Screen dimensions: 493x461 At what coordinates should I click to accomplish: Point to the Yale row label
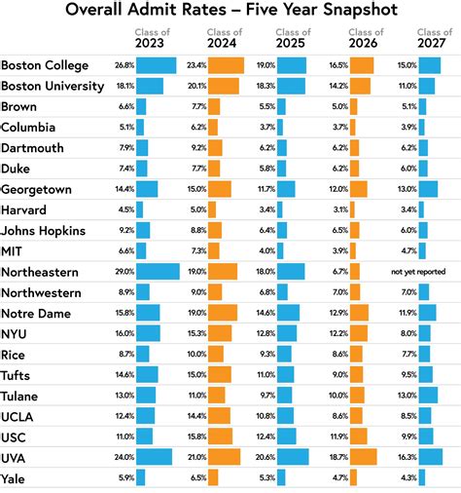click(15, 478)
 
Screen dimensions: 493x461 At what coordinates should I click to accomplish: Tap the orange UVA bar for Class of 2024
click(226, 457)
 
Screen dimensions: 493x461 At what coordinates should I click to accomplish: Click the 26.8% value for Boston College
click(124, 66)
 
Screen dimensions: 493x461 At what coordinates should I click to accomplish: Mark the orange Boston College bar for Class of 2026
click(361, 66)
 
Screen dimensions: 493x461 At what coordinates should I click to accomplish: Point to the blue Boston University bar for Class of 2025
click(292, 87)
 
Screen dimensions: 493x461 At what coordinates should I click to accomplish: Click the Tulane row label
click(21, 396)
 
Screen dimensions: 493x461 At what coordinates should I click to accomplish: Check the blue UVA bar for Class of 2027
click(432, 457)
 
